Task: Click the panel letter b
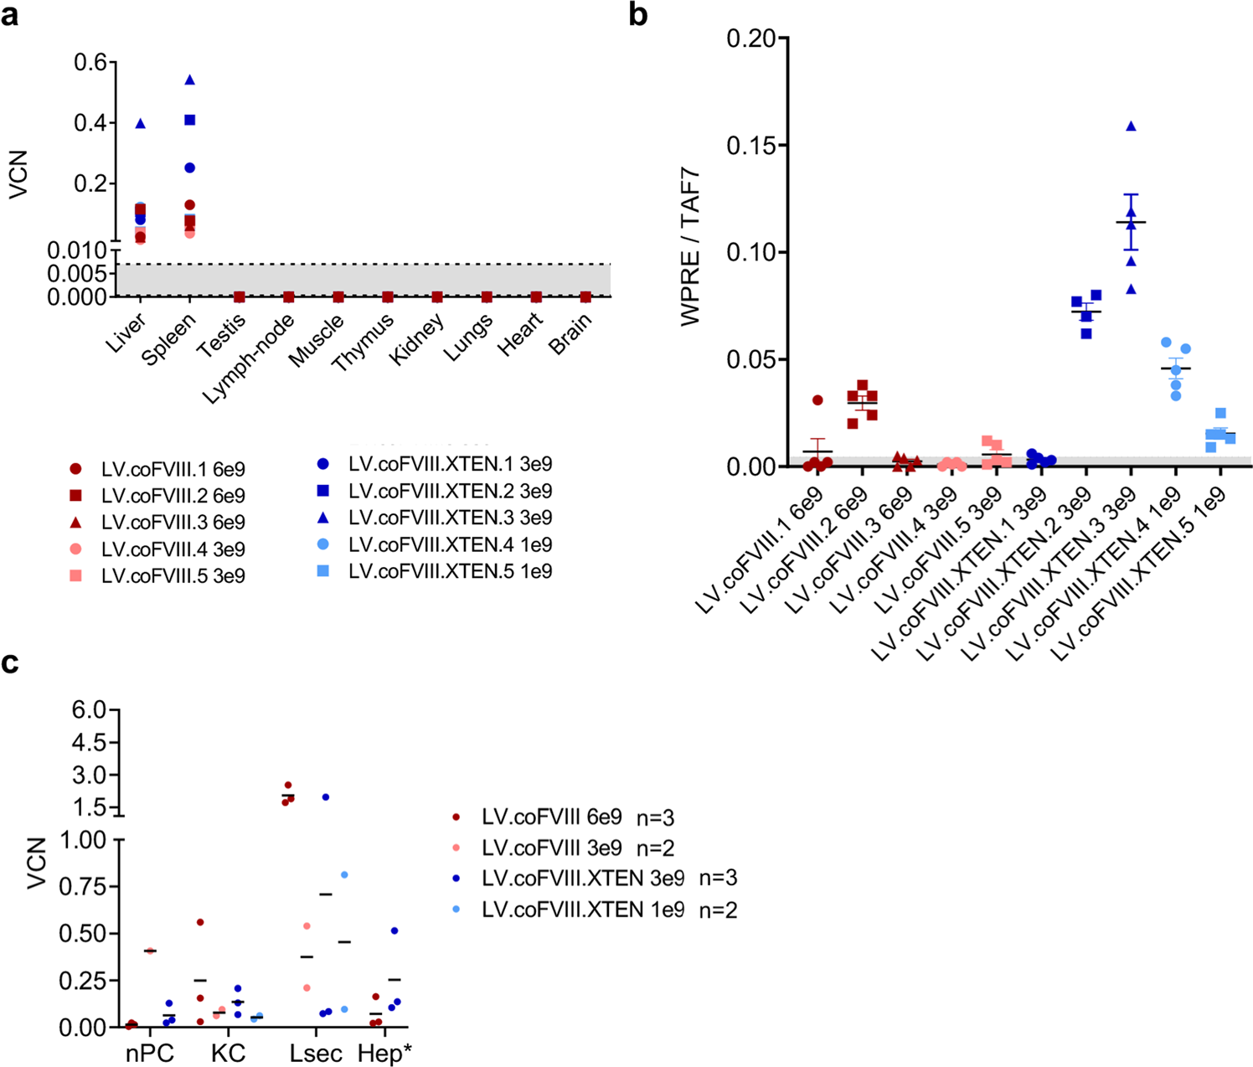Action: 638,14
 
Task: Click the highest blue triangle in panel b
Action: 1131,126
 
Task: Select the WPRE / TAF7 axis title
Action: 690,248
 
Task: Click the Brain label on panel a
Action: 571,333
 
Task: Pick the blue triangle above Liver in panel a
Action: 141,123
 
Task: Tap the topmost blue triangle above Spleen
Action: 190,80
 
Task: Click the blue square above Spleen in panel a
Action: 190,121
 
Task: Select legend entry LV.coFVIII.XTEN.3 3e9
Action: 450,518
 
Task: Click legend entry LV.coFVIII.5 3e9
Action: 173,576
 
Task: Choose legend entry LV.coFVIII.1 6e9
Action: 173,469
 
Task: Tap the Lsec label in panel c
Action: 316,1054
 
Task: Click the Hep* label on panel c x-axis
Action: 384,1054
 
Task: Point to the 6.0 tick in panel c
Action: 90,710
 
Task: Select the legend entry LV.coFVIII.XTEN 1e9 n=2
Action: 609,910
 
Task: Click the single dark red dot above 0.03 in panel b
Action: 817,400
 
